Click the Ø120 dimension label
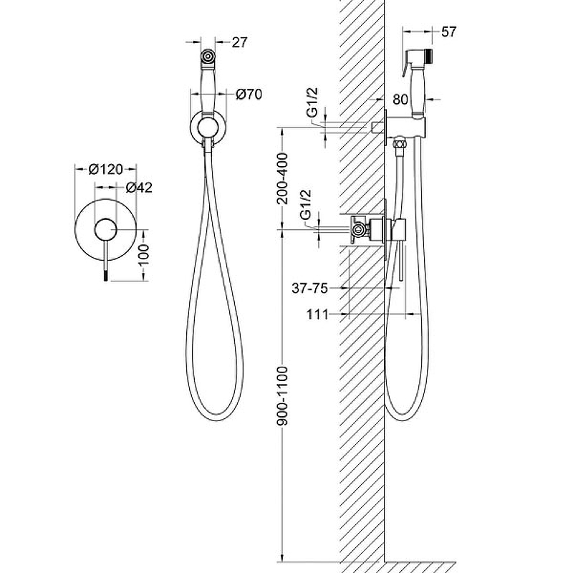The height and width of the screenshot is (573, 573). [105, 169]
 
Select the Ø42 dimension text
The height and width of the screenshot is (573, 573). [139, 188]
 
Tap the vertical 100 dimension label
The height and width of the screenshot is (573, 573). [144, 255]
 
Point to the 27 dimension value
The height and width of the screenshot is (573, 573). [239, 42]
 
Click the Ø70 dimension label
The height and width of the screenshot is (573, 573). [249, 95]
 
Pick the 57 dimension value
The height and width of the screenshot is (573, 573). [449, 32]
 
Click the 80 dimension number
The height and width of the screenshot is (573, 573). [400, 99]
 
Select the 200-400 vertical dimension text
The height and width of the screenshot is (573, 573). [282, 178]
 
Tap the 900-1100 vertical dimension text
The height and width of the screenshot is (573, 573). [282, 396]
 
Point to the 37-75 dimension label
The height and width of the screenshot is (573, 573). [310, 289]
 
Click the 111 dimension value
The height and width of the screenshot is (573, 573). [317, 314]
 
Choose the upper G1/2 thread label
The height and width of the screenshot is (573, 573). [312, 102]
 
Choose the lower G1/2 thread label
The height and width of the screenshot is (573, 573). [305, 205]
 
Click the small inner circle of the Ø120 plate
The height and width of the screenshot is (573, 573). [105, 230]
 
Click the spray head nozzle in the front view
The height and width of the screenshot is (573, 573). [208, 57]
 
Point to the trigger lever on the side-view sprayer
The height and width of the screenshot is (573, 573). [406, 63]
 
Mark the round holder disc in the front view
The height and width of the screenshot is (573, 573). [208, 128]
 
